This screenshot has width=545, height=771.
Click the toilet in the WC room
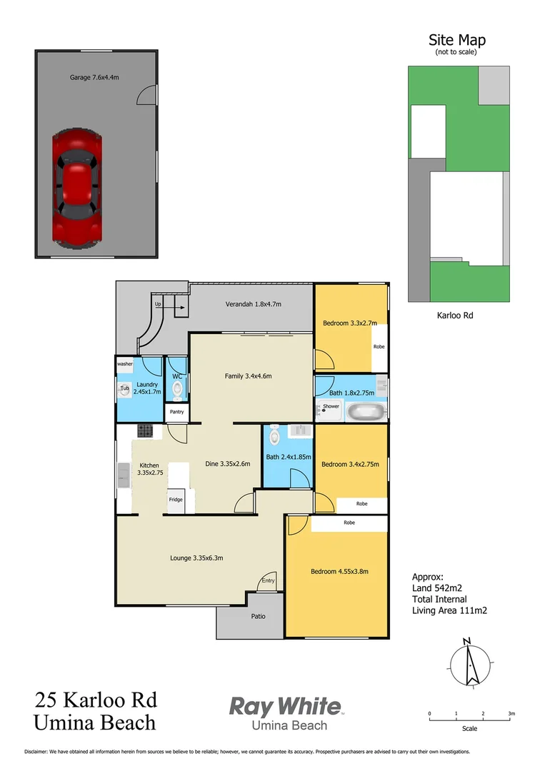(177, 390)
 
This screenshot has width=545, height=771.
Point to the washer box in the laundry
(125, 363)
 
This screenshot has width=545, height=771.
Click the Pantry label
(177, 412)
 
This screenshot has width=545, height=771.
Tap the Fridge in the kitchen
(176, 500)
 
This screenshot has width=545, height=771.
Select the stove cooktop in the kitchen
(145, 430)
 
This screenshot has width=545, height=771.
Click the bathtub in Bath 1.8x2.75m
(365, 411)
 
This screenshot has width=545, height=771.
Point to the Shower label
(331, 406)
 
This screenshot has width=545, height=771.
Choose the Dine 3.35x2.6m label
(227, 464)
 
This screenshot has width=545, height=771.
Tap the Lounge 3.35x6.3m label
(196, 558)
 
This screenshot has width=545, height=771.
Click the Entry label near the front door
(268, 580)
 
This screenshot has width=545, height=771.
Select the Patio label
(258, 616)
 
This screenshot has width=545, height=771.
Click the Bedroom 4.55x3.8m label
(339, 571)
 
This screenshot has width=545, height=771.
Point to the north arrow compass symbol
(469, 662)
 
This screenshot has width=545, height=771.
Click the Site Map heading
(456, 41)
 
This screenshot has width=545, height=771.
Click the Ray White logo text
(284, 707)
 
